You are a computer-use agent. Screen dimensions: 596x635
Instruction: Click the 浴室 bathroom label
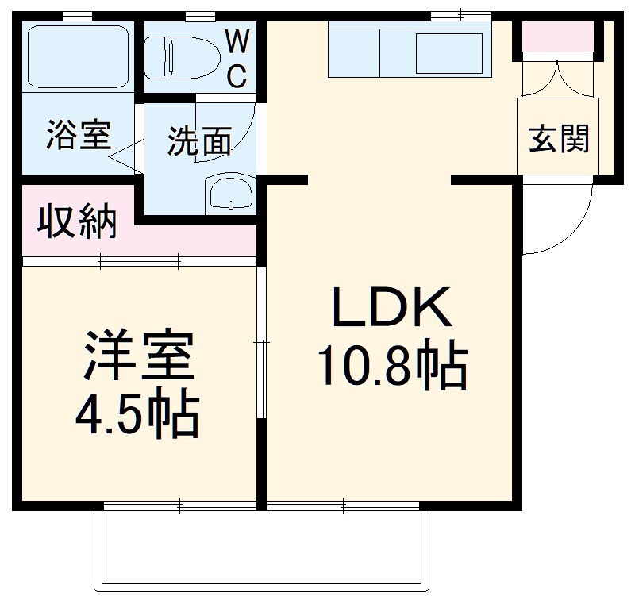78,136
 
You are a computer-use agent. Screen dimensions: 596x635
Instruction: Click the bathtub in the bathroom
78,56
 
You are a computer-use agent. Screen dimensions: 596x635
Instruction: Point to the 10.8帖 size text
391,366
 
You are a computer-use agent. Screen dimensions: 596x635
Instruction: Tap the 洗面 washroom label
198,141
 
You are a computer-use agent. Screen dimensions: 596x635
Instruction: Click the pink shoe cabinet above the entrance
558,37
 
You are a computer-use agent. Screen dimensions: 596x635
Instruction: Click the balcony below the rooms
262,548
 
